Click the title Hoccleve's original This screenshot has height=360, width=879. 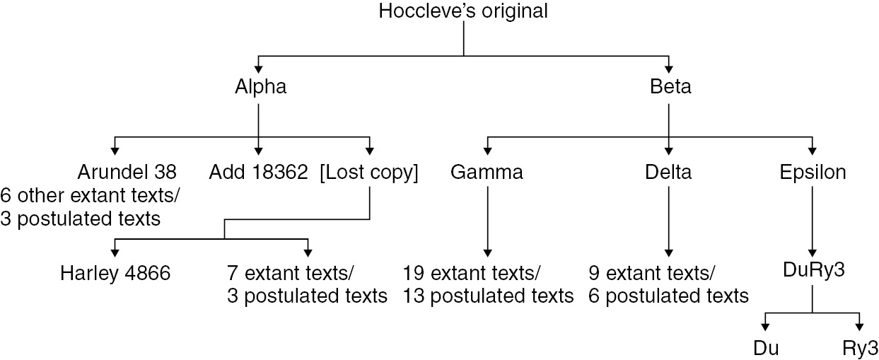tap(463, 12)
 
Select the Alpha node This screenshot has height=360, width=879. tap(260, 88)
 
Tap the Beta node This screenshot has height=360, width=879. tap(670, 88)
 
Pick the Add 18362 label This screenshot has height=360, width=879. tap(258, 173)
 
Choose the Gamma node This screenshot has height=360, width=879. tap(487, 173)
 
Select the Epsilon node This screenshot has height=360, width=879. tap(813, 173)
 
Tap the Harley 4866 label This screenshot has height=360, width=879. tap(115, 272)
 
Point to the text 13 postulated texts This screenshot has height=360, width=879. tap(488, 295)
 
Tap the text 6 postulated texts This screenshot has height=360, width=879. tap(668, 295)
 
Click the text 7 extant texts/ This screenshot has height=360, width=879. tap(290, 272)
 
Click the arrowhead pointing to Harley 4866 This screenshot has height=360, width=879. tap(115, 252)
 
